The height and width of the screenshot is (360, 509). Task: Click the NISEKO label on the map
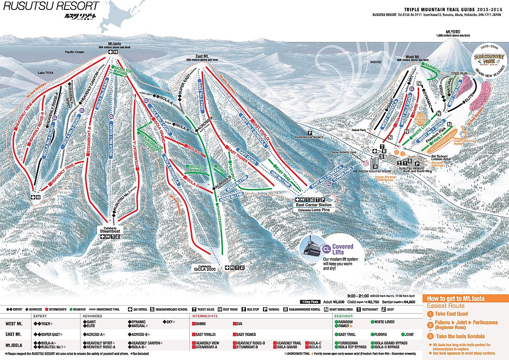376,62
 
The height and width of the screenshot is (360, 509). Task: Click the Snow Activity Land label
344,153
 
